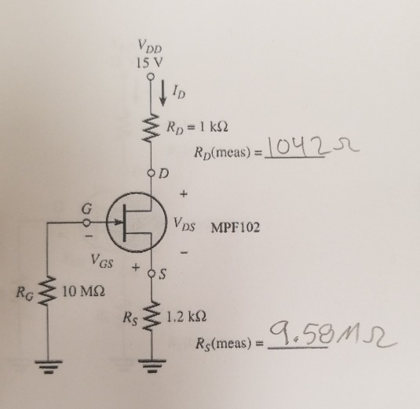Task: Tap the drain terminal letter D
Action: [164, 171]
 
